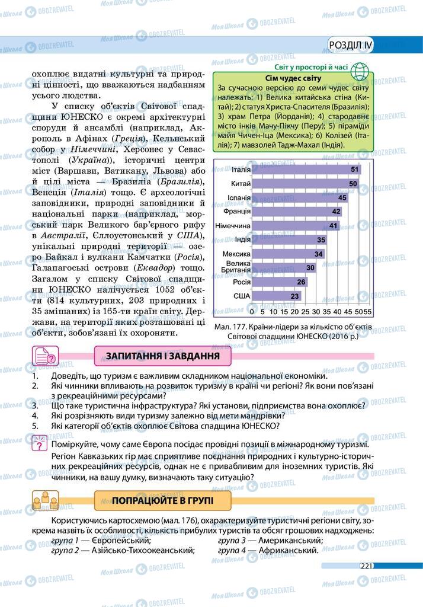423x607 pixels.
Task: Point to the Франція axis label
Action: click(237, 211)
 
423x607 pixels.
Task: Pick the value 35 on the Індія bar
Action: click(321, 240)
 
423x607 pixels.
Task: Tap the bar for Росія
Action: click(279, 282)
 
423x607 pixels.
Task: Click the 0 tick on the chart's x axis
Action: click(252, 311)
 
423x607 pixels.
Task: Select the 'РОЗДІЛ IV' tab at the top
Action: click(351, 46)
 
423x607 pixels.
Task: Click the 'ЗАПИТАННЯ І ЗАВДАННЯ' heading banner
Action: click(162, 356)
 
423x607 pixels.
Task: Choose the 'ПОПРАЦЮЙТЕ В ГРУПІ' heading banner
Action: click(162, 501)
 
